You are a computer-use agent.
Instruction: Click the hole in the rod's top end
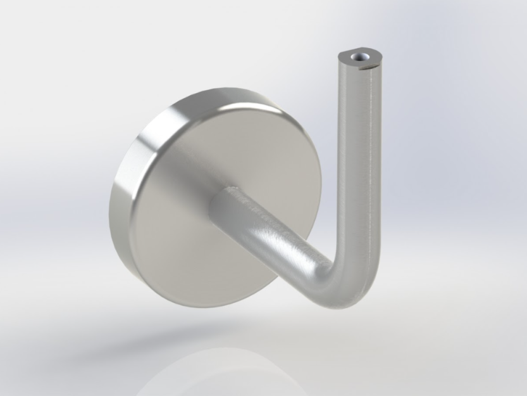(363, 58)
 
